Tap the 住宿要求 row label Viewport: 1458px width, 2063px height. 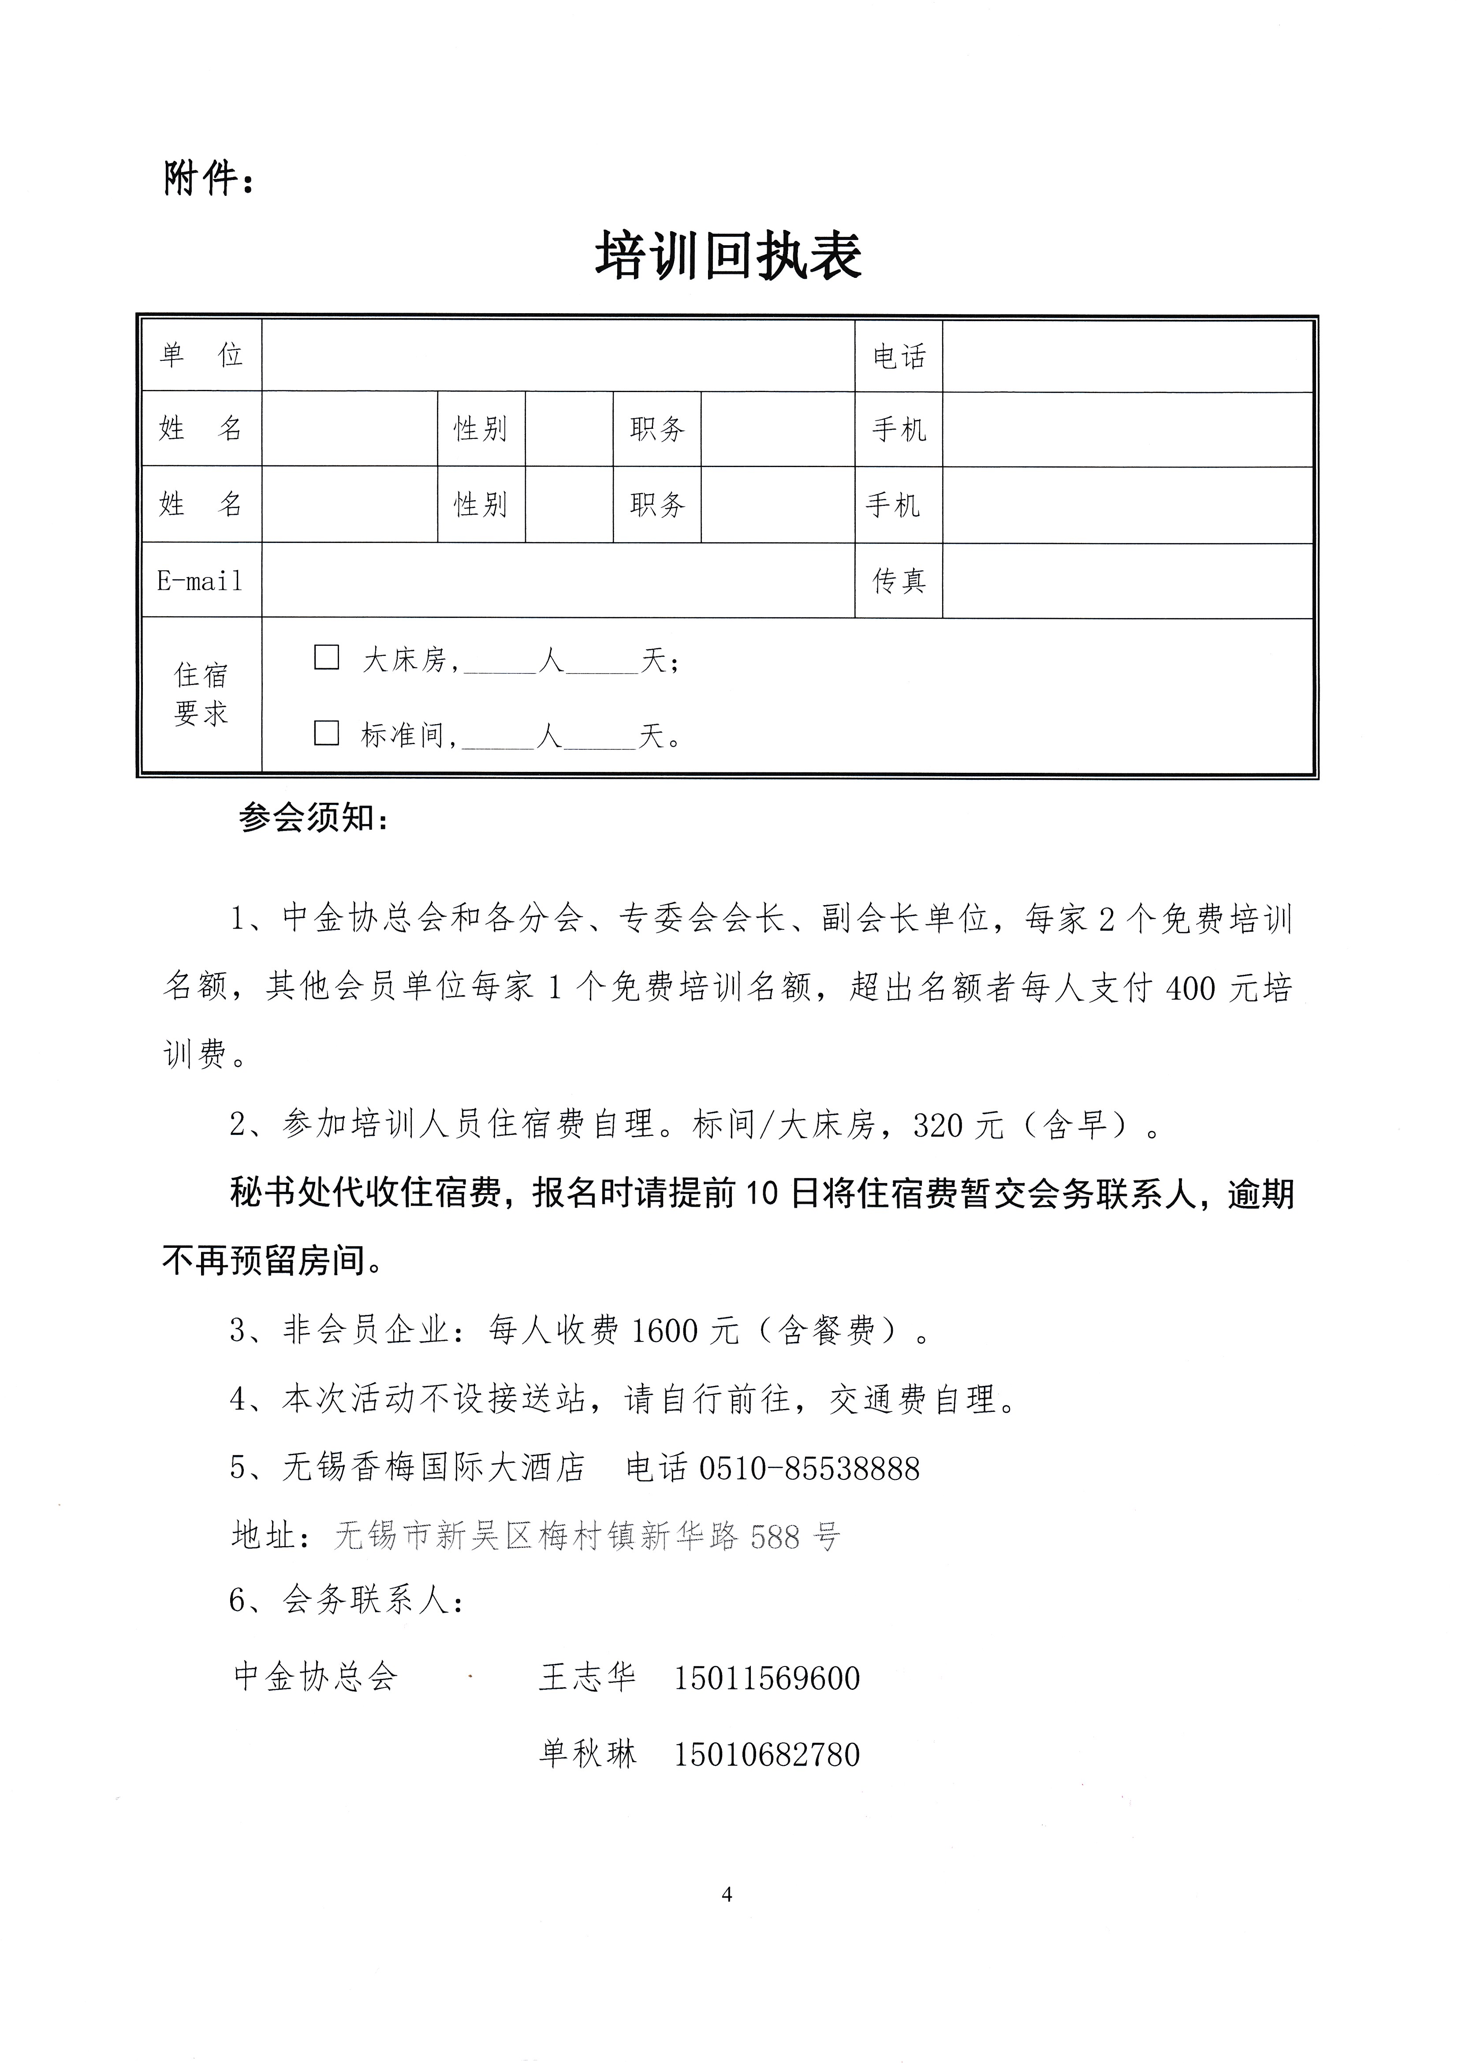coord(201,695)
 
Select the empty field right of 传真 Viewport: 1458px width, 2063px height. coord(1127,581)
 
